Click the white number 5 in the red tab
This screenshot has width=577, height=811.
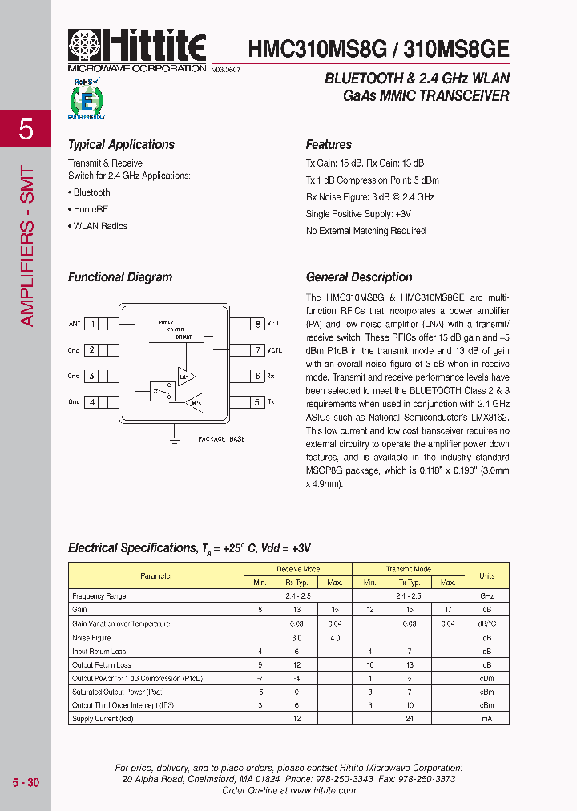pyautogui.click(x=26, y=128)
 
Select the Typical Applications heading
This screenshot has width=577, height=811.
pyautogui.click(x=121, y=145)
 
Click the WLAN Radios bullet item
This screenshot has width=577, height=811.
pyautogui.click(x=98, y=226)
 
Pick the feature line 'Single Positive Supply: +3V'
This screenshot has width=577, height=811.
pyautogui.click(x=358, y=214)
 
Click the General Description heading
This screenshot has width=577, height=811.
pyautogui.click(x=359, y=277)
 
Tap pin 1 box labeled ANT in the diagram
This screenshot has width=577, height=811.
pyautogui.click(x=93, y=324)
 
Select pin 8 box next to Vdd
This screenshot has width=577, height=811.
pyautogui.click(x=257, y=324)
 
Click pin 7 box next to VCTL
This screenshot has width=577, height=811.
pyautogui.click(x=257, y=350)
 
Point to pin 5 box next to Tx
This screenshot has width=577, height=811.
pyautogui.click(x=257, y=402)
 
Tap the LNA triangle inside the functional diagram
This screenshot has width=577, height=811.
pyautogui.click(x=187, y=374)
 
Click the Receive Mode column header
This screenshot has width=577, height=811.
pyautogui.click(x=297, y=569)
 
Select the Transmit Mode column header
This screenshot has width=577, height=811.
pyautogui.click(x=409, y=569)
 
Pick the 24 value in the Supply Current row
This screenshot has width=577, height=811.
pyautogui.click(x=409, y=719)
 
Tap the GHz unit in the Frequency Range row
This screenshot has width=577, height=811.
pyautogui.click(x=486, y=596)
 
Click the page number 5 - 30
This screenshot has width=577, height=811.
pyautogui.click(x=26, y=782)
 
